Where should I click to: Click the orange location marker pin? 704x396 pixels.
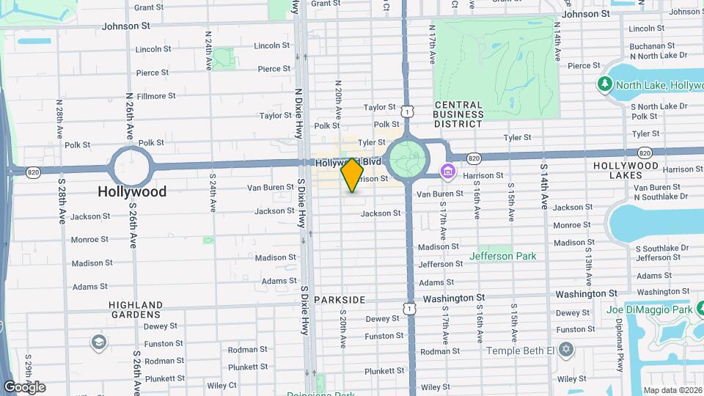(352, 175)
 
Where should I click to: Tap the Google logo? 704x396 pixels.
(24, 386)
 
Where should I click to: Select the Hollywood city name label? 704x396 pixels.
(133, 191)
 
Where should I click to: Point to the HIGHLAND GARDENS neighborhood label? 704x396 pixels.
(136, 309)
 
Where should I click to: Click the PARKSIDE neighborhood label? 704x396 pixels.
(339, 300)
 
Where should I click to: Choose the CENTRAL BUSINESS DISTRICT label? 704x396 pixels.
(458, 114)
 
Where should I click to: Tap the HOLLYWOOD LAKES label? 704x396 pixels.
(626, 171)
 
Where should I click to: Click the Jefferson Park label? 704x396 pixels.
(503, 257)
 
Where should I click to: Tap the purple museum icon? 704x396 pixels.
(447, 171)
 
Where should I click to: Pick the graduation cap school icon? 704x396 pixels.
(98, 343)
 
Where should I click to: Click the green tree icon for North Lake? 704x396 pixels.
(605, 85)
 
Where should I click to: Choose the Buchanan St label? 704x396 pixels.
(646, 45)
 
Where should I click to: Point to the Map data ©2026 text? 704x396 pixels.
(672, 389)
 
